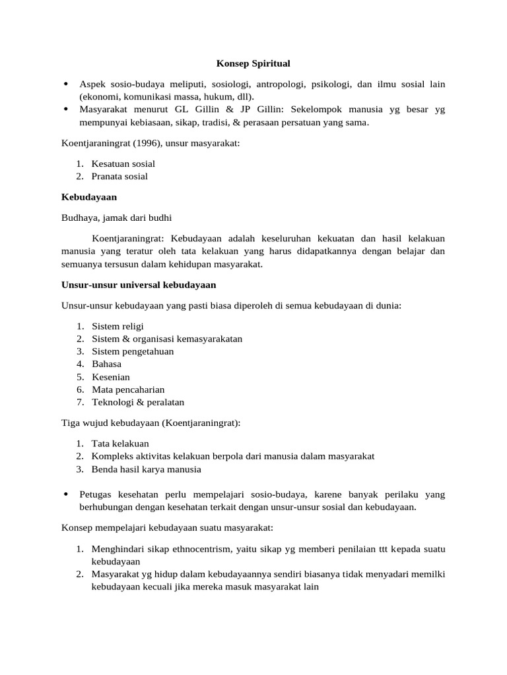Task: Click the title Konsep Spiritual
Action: [x=253, y=64]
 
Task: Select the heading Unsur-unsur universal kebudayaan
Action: [x=139, y=285]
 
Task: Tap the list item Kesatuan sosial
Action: [x=123, y=163]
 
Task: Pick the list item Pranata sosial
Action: [x=119, y=176]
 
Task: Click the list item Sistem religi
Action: [x=118, y=326]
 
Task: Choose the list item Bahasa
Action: [x=106, y=364]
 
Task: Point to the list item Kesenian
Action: [x=111, y=377]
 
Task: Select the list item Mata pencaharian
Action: [x=128, y=390]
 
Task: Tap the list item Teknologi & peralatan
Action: [x=138, y=402]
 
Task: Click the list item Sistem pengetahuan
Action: [x=133, y=351]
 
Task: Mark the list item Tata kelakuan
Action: [x=120, y=444]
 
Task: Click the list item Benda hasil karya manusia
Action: [x=146, y=469]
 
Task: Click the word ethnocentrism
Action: [x=198, y=549]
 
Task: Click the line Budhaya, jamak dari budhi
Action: [x=116, y=218]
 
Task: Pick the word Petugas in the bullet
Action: [x=96, y=494]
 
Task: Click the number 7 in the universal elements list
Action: [x=79, y=402]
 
